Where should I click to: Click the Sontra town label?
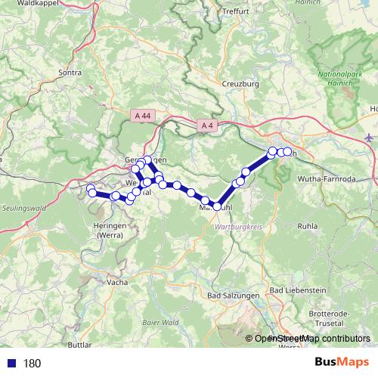pos(70,73)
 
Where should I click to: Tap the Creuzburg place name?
pos(241,84)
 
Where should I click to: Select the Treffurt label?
pos(236,11)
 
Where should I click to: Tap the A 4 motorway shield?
pos(208,125)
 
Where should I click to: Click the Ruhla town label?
pos(308,225)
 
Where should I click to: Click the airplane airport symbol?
pos(368,138)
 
